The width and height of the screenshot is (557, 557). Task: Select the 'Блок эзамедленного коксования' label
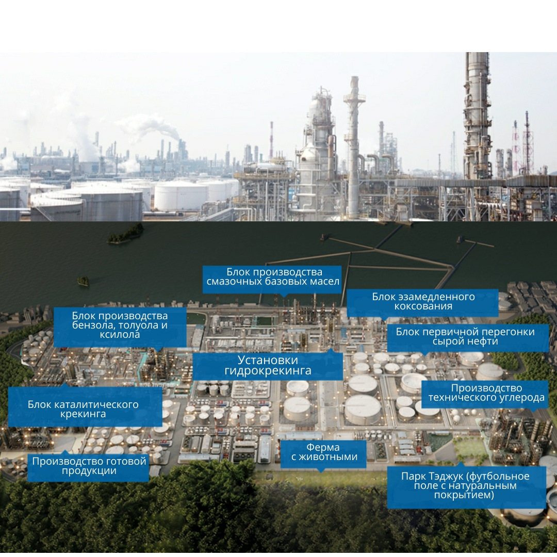(x=423, y=302)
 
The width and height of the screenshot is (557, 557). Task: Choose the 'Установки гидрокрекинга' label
(x=267, y=366)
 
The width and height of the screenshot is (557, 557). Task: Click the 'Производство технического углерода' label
(x=486, y=393)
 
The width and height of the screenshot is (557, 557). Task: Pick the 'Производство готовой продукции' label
(x=89, y=466)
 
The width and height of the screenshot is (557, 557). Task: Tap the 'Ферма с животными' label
(x=323, y=453)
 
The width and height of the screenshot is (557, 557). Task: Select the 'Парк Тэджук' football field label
(x=465, y=486)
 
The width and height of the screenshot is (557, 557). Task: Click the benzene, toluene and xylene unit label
(x=120, y=325)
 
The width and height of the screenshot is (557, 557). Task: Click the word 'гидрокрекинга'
(x=268, y=371)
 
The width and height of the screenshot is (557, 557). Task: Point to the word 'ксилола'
(x=120, y=335)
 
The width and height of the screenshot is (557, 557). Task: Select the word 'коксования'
(x=423, y=306)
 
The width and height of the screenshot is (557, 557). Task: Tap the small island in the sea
(x=83, y=281)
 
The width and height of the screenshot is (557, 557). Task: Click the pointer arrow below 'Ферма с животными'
(x=321, y=470)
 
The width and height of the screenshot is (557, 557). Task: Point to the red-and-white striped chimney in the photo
(x=271, y=139)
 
